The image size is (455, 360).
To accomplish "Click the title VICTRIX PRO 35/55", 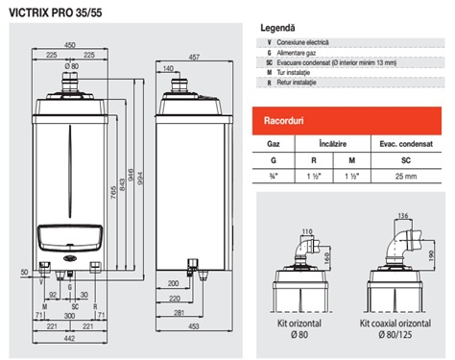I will (x=59, y=11).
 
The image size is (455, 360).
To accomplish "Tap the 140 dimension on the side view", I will (x=169, y=69).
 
